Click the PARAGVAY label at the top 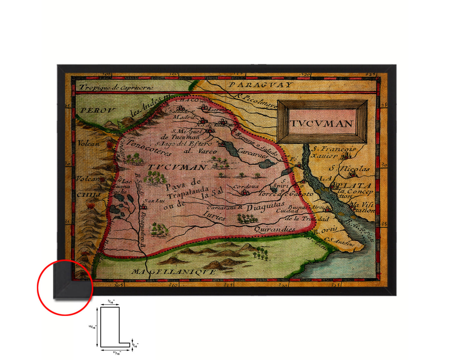260,85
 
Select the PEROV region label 98,110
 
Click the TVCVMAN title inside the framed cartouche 322,124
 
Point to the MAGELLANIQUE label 173,272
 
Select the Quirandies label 275,230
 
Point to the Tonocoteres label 149,148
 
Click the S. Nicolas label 350,169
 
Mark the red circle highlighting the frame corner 65,287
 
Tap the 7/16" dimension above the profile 111,301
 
